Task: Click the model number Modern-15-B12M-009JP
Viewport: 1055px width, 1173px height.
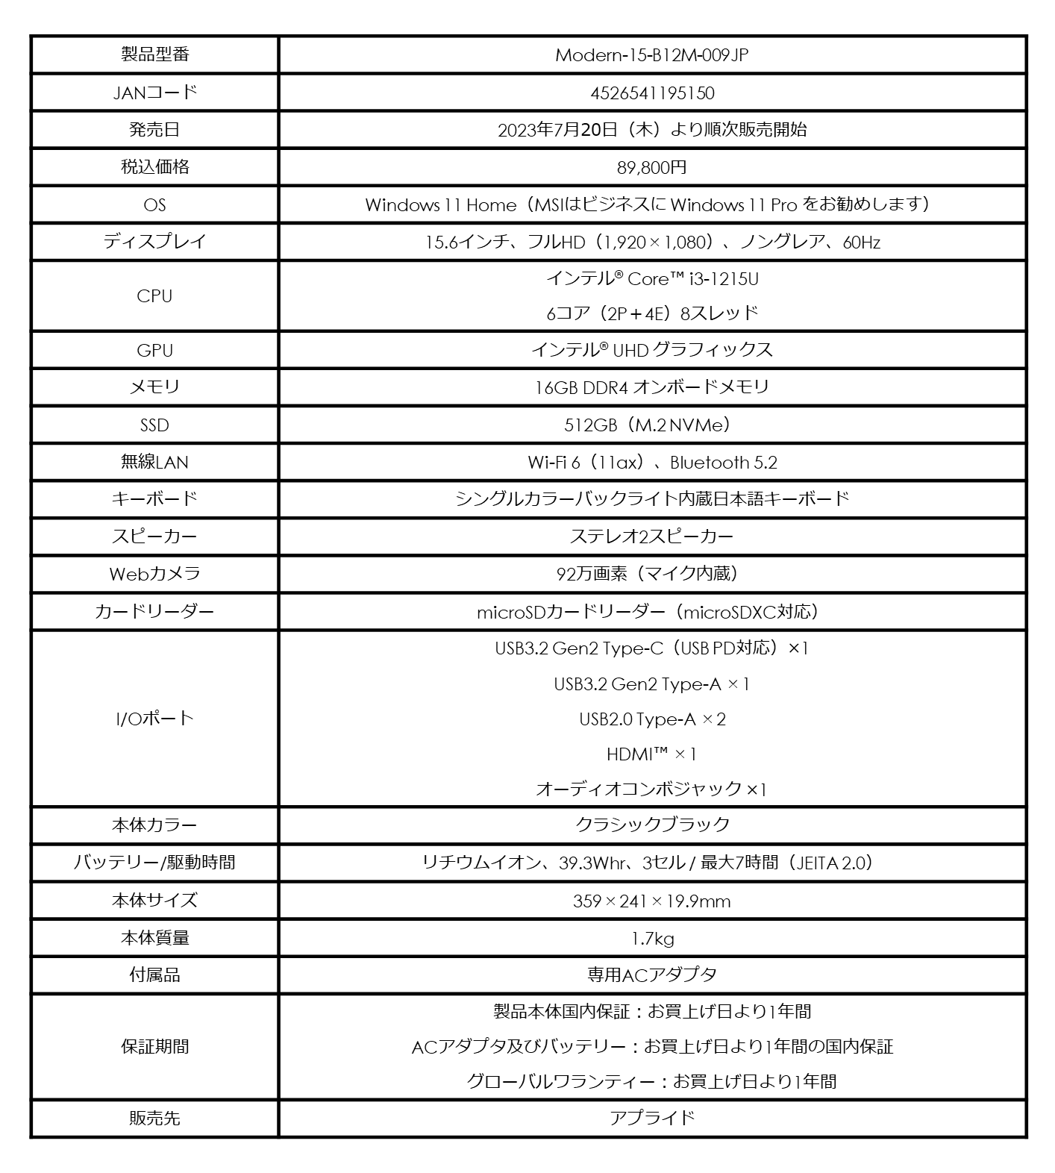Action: coord(651,55)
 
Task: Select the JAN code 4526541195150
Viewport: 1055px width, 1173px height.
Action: coord(651,93)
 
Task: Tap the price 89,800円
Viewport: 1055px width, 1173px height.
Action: coord(651,168)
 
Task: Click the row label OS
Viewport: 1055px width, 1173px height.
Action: coord(154,205)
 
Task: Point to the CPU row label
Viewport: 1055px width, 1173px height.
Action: coord(154,296)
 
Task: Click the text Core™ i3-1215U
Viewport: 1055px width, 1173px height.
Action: coord(692,279)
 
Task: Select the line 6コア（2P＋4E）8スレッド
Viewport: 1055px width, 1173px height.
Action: coord(651,313)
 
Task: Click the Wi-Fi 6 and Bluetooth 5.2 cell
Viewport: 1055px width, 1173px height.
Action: coord(651,463)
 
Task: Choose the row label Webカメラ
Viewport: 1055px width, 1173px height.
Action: coord(154,574)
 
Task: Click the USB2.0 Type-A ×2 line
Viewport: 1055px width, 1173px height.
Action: coord(651,719)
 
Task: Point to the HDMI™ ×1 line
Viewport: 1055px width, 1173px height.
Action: coord(651,754)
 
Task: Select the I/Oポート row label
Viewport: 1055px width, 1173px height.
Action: coord(154,719)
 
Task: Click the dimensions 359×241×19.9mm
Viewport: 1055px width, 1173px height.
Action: coord(651,901)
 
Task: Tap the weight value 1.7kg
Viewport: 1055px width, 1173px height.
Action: coord(651,939)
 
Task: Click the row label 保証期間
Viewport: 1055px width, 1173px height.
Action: coord(154,1047)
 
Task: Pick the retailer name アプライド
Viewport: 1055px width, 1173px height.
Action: coord(651,1118)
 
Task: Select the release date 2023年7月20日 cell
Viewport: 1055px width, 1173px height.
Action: coord(651,130)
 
